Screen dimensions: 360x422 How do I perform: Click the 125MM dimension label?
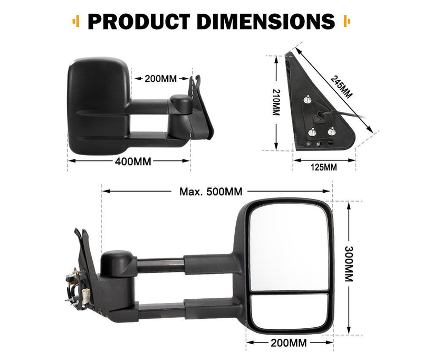(x=323, y=168)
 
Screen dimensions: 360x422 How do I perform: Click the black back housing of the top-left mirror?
(x=98, y=106)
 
